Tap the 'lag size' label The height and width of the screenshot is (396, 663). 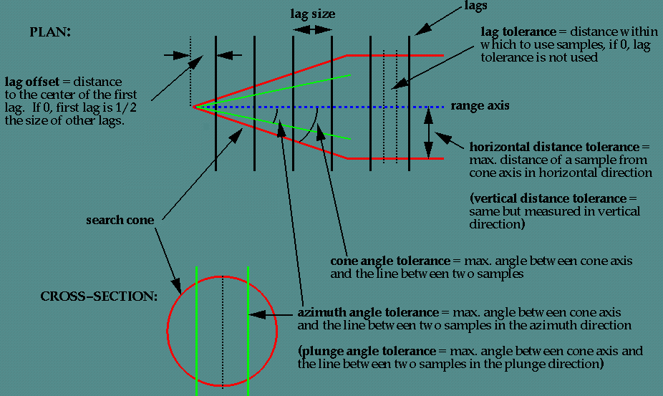[x=311, y=14]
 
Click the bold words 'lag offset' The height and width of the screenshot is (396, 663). [x=32, y=82]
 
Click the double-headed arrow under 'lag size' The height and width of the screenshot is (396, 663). [x=312, y=29]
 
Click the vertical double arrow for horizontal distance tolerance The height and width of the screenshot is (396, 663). [x=428, y=132]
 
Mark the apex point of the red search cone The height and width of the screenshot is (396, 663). [x=193, y=107]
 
